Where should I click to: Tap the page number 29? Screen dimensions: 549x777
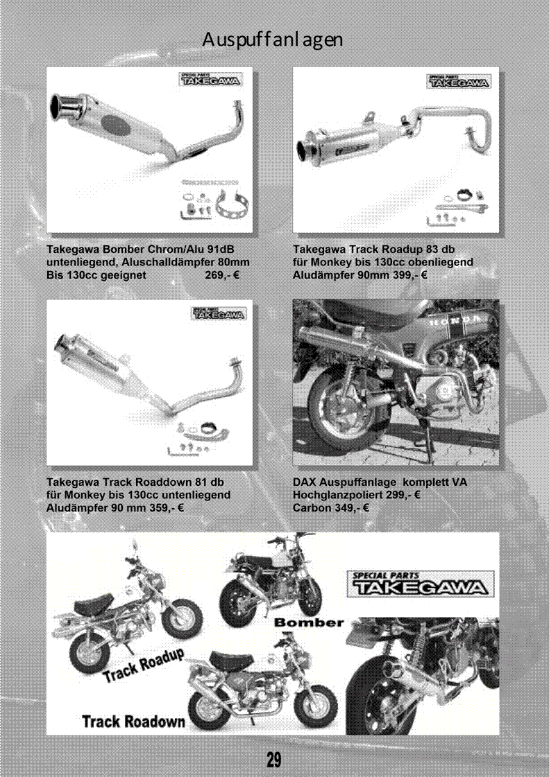click(273, 760)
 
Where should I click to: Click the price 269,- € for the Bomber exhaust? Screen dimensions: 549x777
click(222, 275)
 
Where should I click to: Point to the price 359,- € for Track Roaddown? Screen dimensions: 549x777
click(167, 508)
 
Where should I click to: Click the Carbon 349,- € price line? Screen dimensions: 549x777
click(330, 508)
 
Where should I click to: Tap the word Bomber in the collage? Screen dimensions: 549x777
click(309, 622)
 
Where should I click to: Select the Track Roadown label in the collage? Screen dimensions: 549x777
click(133, 722)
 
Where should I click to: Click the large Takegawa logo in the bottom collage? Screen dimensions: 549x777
click(420, 584)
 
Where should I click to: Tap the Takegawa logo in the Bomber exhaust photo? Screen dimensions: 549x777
click(210, 79)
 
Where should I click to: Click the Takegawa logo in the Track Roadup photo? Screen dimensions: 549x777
click(458, 81)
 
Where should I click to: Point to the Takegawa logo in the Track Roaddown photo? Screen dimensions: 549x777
click(219, 313)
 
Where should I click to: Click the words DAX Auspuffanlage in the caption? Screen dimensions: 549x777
click(344, 482)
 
